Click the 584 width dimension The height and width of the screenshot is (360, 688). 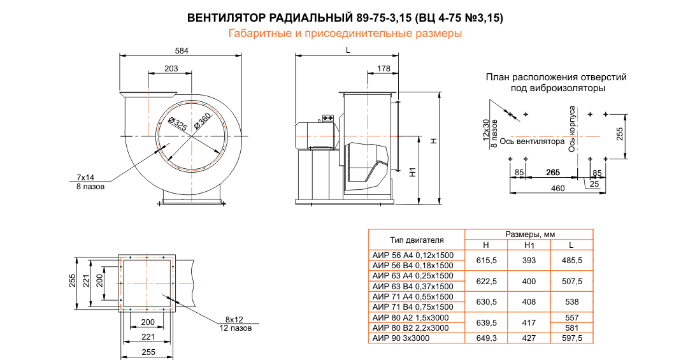182,50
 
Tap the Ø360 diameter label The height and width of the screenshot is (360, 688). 202,121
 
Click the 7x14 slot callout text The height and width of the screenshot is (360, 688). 85,176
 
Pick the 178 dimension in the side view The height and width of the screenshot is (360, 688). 383,68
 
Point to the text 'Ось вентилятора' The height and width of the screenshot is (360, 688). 532,141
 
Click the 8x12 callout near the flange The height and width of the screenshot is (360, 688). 234,319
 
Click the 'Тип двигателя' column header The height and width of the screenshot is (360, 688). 417,240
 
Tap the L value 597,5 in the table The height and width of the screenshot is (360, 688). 572,338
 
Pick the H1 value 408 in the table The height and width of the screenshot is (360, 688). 529,301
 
